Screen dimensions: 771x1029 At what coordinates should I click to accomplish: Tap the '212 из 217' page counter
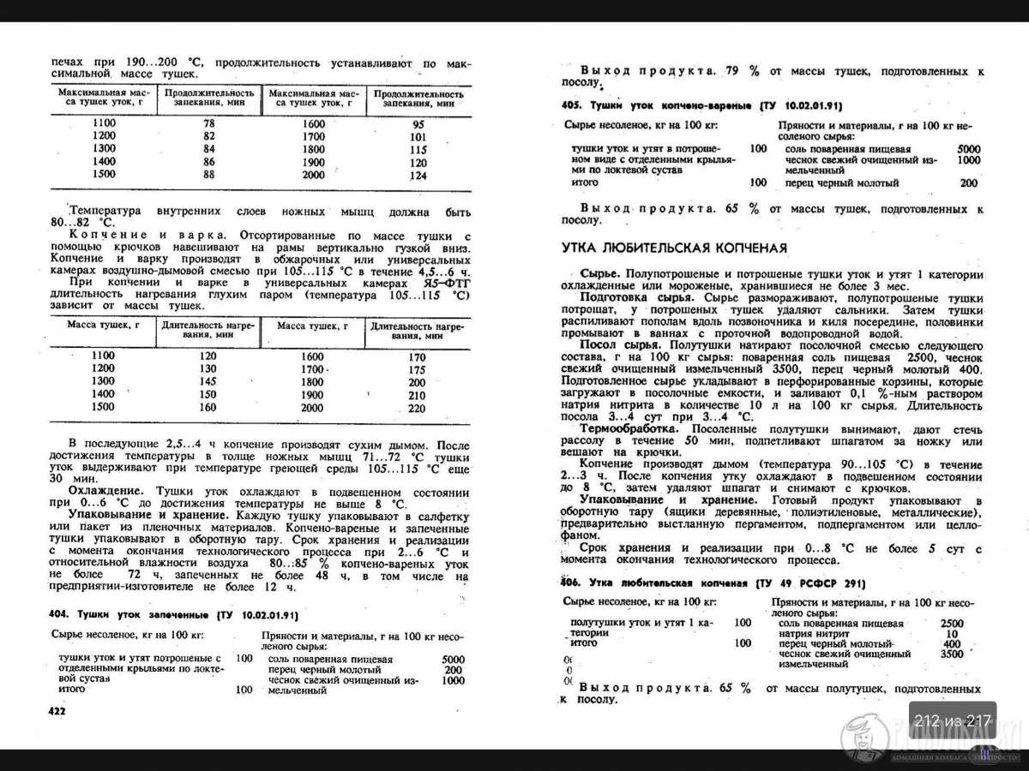click(953, 720)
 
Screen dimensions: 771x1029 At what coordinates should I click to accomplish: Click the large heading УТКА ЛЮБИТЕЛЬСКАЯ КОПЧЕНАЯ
click(674, 248)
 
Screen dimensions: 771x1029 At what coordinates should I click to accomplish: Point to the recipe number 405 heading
click(572, 105)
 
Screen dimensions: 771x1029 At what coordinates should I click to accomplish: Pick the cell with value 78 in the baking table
click(208, 123)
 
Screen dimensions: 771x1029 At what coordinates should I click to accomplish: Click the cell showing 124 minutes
click(418, 176)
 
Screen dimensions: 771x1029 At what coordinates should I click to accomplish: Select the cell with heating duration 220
click(417, 409)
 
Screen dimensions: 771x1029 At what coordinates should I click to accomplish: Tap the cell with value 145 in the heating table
click(208, 381)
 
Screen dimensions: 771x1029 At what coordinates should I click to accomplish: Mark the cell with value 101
click(418, 137)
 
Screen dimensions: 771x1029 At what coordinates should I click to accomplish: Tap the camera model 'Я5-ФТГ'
click(444, 283)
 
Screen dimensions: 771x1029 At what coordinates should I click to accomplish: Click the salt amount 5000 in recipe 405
click(968, 149)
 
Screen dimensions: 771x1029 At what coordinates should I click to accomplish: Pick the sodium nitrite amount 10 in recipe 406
click(951, 634)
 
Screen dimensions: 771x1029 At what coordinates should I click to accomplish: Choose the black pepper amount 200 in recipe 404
click(453, 670)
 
